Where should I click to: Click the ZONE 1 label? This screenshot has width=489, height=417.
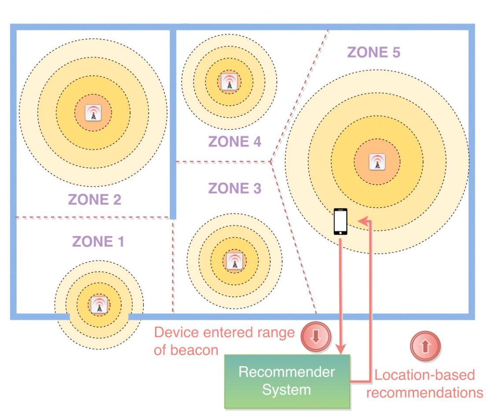coord(98,241)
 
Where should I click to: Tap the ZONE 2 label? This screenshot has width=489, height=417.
coord(95,199)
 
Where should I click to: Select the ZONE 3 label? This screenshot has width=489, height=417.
coord(235,188)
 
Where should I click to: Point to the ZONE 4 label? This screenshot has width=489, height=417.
coord(235,142)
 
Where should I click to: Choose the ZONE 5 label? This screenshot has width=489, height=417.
coord(374,52)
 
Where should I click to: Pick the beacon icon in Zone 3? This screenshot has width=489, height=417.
coord(234,262)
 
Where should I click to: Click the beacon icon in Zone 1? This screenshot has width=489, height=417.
coord(99,305)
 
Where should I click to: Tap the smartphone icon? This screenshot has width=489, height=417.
coord(341,221)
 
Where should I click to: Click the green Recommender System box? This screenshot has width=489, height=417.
coord(287,381)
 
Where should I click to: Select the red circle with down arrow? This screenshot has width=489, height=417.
coord(315,337)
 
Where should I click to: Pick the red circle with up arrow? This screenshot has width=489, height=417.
coord(425,347)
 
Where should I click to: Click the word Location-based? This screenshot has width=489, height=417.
coord(425,375)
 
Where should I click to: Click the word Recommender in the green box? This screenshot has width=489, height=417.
coord(286,373)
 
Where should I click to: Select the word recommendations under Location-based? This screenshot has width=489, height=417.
coord(425,392)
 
